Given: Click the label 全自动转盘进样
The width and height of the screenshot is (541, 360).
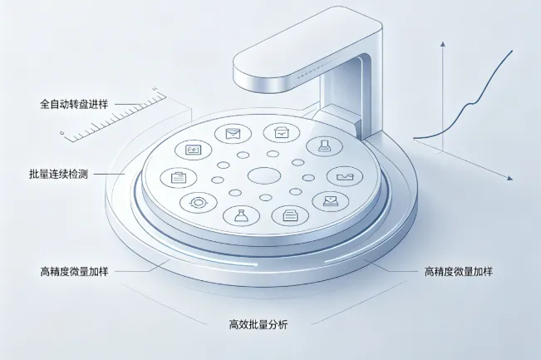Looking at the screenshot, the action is pos(74,104).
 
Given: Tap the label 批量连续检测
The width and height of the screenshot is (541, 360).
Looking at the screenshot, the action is pos(58,174).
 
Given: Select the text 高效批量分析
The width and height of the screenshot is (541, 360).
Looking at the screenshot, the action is pos(258,324).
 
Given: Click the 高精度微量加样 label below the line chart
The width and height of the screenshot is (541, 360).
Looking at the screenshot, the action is pos(458,272).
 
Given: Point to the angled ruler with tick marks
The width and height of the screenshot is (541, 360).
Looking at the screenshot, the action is pos(114,116).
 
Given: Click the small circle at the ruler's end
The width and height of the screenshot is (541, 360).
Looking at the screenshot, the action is pos(62,133).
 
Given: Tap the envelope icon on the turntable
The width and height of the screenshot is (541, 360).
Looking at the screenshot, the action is pos(233,133).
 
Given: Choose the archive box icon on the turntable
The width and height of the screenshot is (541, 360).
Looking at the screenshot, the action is pos(282,132).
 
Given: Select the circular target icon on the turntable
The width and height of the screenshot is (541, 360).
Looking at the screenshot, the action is pos(199,202).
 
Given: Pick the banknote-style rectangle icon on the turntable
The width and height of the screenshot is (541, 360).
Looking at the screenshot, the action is pos(193,150).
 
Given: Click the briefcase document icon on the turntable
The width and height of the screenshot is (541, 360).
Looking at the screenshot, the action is pos(179,177).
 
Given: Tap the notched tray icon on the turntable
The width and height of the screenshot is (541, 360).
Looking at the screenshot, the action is pos(345,177).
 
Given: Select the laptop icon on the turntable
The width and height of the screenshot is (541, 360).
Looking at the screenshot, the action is pos(331,200).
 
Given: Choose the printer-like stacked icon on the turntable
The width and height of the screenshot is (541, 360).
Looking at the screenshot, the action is pos(290,215).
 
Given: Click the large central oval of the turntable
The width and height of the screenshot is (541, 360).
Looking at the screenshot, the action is pos(264,175).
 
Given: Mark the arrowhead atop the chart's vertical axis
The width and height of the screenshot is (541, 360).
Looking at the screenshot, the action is pos(443,44).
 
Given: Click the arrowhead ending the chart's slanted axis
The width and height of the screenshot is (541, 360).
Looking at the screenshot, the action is pos(510,178).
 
